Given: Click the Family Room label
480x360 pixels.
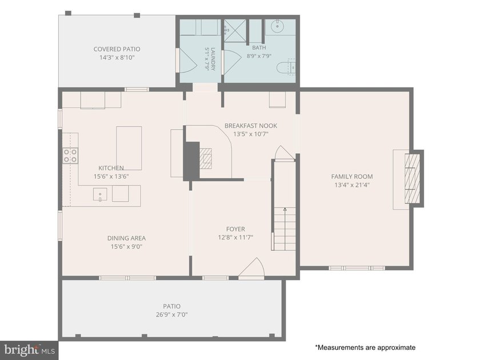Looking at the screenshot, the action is (x=352, y=177).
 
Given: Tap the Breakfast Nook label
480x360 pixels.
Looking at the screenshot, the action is (x=251, y=126).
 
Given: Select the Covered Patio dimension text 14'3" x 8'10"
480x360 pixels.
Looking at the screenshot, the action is (x=117, y=58).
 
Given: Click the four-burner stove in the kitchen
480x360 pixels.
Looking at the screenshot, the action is (x=70, y=155).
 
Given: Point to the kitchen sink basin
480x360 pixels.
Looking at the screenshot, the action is (x=100, y=195).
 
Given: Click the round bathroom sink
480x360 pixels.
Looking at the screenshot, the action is (x=277, y=26).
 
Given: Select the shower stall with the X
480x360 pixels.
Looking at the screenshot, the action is (x=235, y=31).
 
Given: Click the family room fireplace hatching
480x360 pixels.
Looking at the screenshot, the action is (x=413, y=178).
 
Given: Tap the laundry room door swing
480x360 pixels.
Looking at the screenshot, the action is (x=187, y=61).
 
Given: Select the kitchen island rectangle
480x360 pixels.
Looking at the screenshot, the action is (x=129, y=148).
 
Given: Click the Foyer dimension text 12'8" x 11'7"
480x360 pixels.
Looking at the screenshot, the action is (x=235, y=237).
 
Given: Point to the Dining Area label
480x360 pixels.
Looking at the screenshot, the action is (x=126, y=238).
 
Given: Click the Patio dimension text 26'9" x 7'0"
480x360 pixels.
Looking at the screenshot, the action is (x=172, y=315).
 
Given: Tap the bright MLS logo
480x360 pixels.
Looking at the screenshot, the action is (x=29, y=350).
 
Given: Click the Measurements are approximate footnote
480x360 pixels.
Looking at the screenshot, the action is (x=365, y=347).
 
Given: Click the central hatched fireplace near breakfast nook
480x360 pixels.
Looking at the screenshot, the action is (x=206, y=158).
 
